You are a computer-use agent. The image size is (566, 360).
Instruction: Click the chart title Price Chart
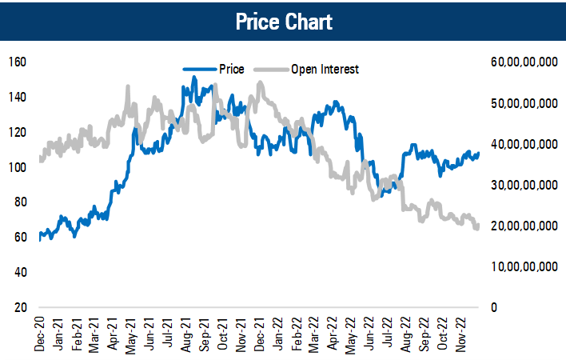(x=283, y=21)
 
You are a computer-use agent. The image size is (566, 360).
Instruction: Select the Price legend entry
(x=232, y=69)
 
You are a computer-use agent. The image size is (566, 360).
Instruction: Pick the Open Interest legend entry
(x=325, y=69)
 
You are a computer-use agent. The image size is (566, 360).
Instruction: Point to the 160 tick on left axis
(x=18, y=62)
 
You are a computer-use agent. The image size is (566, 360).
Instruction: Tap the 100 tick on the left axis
(x=18, y=166)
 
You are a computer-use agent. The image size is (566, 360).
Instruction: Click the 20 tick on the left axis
(x=22, y=307)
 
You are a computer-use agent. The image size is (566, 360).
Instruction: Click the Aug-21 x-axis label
(x=186, y=334)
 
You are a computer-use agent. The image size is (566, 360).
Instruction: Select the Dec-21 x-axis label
(x=259, y=334)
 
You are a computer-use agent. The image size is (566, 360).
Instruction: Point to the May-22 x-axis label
(x=350, y=334)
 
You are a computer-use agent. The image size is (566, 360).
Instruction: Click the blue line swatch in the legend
(x=199, y=69)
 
